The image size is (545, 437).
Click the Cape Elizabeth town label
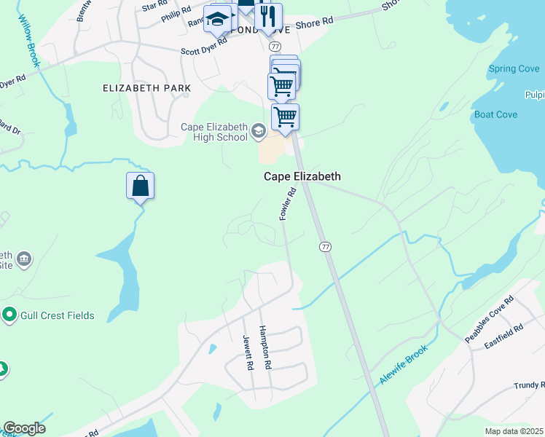(302, 177)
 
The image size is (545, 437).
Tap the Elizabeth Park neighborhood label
(146, 88)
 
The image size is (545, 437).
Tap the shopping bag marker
(141, 186)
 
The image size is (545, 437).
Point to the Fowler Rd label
(288, 204)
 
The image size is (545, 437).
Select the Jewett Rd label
(248, 353)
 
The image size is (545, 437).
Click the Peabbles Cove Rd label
(490, 320)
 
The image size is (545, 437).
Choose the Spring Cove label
(514, 69)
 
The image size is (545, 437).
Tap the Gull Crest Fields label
(58, 315)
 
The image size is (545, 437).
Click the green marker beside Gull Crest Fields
(9, 315)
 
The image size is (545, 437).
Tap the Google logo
(24, 428)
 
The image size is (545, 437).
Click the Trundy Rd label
(529, 385)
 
